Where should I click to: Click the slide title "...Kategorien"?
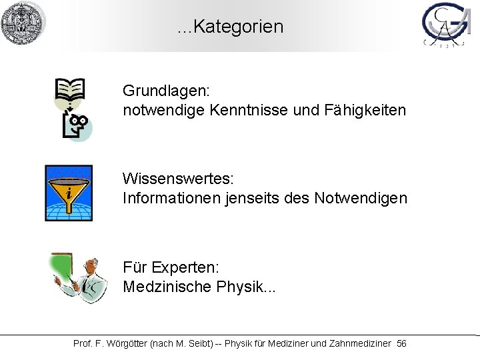[231, 27]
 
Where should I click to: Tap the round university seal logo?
[23, 23]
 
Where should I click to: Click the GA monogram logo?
[446, 26]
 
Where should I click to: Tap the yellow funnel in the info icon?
[68, 190]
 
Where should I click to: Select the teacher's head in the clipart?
[88, 266]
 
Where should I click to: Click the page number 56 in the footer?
[401, 343]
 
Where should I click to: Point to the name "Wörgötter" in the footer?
[128, 343]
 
